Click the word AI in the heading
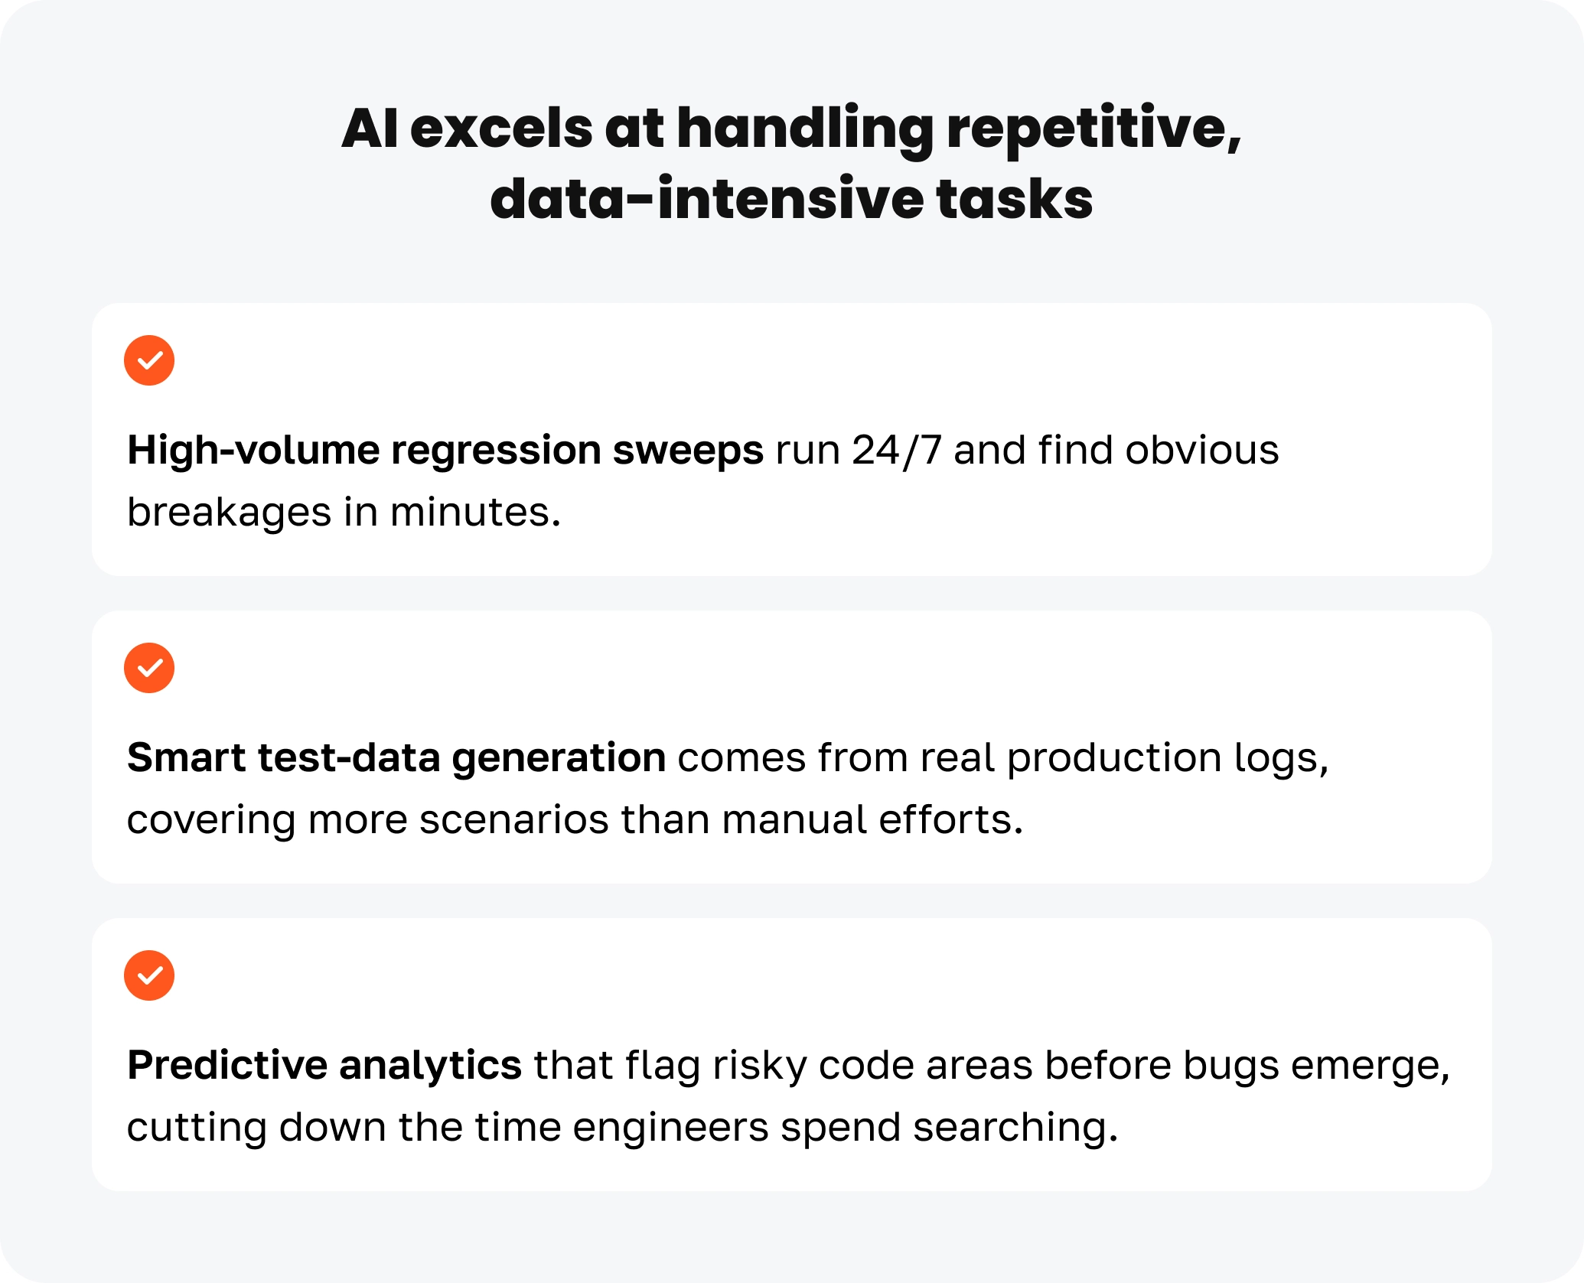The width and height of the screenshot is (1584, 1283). click(370, 128)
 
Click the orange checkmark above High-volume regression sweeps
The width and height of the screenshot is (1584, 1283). click(149, 360)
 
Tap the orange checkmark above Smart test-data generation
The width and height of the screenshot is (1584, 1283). click(149, 668)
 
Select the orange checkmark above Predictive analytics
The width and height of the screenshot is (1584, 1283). click(149, 975)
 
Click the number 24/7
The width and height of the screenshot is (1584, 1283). click(896, 450)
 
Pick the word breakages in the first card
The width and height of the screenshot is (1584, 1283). click(229, 513)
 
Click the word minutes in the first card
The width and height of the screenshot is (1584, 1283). click(475, 512)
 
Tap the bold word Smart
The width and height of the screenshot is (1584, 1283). click(186, 757)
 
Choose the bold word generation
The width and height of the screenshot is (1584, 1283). click(559, 759)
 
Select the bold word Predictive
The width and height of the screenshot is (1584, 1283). click(227, 1065)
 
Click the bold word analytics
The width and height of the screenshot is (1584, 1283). click(430, 1066)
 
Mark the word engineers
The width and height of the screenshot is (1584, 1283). click(670, 1129)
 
